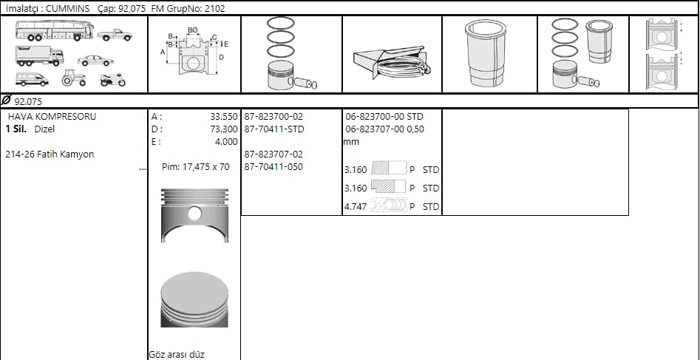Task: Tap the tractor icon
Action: (x=73, y=78)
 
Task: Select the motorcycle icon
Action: (x=113, y=80)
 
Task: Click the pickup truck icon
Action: (x=115, y=35)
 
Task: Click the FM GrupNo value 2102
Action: (x=216, y=8)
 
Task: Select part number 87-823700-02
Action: (x=273, y=117)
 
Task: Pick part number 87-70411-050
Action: (x=273, y=167)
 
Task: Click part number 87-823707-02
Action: (x=273, y=154)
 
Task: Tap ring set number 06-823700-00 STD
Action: (x=384, y=117)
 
